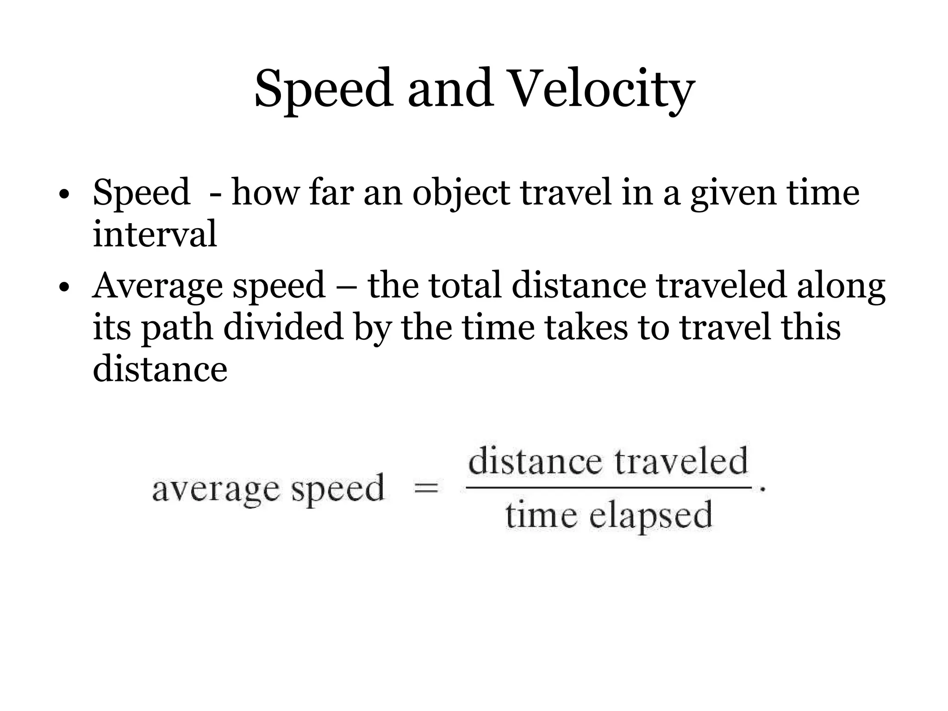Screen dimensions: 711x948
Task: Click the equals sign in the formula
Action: [426, 488]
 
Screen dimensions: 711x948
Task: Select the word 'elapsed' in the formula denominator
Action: [650, 516]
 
